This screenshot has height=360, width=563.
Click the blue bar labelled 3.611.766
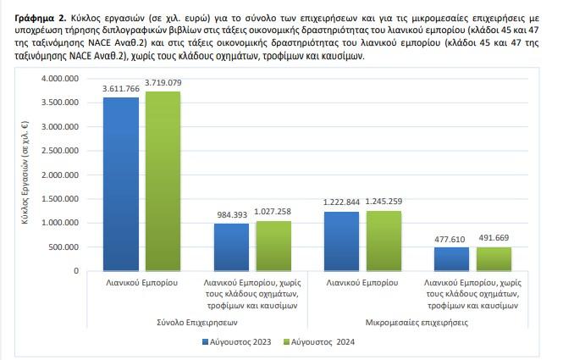click(x=121, y=184)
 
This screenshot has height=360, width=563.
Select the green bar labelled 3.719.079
click(x=163, y=181)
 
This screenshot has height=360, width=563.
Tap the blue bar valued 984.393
click(x=232, y=247)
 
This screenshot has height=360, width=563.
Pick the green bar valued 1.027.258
click(x=273, y=246)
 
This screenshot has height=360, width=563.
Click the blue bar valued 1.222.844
click(x=341, y=241)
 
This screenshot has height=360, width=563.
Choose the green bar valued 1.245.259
click(x=384, y=241)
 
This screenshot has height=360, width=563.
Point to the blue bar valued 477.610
click(x=452, y=259)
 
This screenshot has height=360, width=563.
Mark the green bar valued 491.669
click(x=494, y=259)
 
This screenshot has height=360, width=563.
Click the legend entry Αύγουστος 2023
click(x=237, y=341)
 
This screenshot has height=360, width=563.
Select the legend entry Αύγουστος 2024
click(x=319, y=341)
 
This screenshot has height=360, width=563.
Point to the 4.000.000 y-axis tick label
click(x=60, y=78)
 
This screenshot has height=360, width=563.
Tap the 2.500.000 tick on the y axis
click(x=60, y=151)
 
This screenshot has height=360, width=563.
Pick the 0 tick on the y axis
click(x=76, y=271)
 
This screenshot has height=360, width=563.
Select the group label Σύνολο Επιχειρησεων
click(x=197, y=322)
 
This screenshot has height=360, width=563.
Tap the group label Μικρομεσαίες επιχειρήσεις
click(x=417, y=322)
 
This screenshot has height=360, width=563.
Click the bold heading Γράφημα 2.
click(x=41, y=18)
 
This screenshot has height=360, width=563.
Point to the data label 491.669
click(x=494, y=237)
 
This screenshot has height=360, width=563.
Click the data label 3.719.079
click(x=163, y=83)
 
